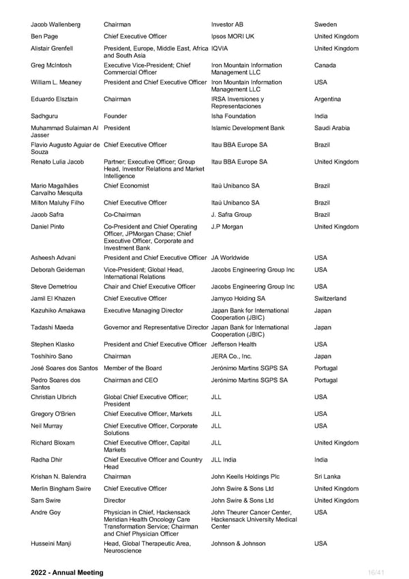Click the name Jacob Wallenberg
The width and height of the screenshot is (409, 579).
point(56,25)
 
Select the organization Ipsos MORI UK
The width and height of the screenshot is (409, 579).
point(232,36)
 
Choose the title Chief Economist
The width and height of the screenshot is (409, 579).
point(126,185)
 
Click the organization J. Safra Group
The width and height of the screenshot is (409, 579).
point(231,214)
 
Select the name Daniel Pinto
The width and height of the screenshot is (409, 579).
point(48,226)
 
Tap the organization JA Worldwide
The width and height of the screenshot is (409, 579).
point(230,258)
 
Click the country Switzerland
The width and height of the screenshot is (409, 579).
point(331,299)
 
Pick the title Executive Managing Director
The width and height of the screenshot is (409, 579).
point(143,310)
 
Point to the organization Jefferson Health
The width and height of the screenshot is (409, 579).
point(234,344)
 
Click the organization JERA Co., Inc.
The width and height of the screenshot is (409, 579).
point(232,356)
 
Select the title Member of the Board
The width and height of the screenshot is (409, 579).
point(133,368)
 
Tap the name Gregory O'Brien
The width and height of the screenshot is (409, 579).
point(54,414)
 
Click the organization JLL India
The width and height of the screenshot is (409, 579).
point(224,460)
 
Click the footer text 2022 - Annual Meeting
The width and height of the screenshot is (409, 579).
point(67,573)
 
